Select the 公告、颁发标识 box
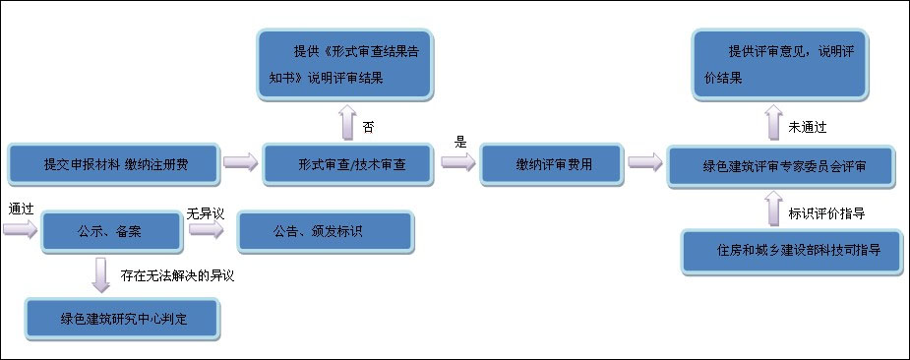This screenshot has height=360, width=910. (326, 232)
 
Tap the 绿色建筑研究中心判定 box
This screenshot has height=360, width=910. (121, 317)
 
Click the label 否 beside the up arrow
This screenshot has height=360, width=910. (369, 127)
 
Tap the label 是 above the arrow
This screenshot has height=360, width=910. (459, 142)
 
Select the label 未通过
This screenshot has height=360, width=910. (807, 128)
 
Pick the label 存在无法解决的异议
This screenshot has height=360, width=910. (177, 275)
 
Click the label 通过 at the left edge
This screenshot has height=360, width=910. (21, 210)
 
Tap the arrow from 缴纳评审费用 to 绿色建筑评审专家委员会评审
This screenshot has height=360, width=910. (643, 162)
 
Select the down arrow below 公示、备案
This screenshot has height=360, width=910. (100, 275)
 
